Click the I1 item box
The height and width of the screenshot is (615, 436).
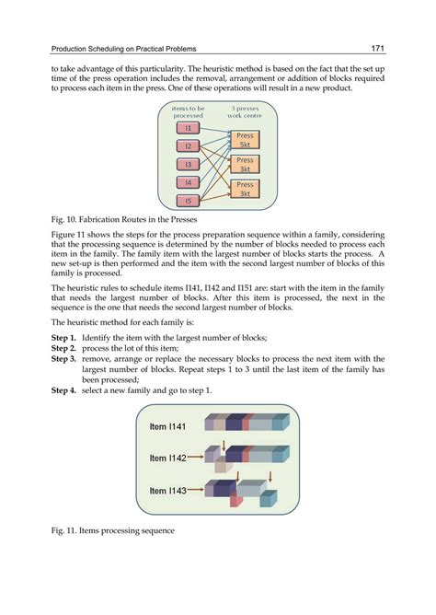tap(188, 128)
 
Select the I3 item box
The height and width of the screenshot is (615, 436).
tap(188, 165)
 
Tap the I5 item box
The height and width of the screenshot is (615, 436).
tap(188, 201)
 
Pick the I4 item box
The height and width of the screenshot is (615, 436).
tap(188, 182)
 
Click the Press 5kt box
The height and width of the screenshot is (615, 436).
tap(245, 140)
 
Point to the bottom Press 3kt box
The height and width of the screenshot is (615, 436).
tap(245, 189)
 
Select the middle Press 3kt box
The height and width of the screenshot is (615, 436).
tap(245, 165)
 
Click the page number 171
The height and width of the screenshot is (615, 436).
tap(378, 48)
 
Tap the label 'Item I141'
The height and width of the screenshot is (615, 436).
tap(167, 426)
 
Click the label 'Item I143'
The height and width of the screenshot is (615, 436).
tap(167, 491)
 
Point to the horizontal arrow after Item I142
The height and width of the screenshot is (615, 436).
tap(196, 457)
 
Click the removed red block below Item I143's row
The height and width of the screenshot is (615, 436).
tap(236, 499)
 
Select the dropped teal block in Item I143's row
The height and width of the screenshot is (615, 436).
tap(269, 498)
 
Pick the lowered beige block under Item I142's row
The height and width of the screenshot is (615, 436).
tap(223, 464)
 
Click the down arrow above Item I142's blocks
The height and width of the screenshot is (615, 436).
tap(224, 446)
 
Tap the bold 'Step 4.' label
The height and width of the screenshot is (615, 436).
tap(63, 390)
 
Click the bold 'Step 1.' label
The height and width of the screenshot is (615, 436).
tap(63, 338)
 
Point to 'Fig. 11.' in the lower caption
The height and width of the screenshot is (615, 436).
tap(63, 530)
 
